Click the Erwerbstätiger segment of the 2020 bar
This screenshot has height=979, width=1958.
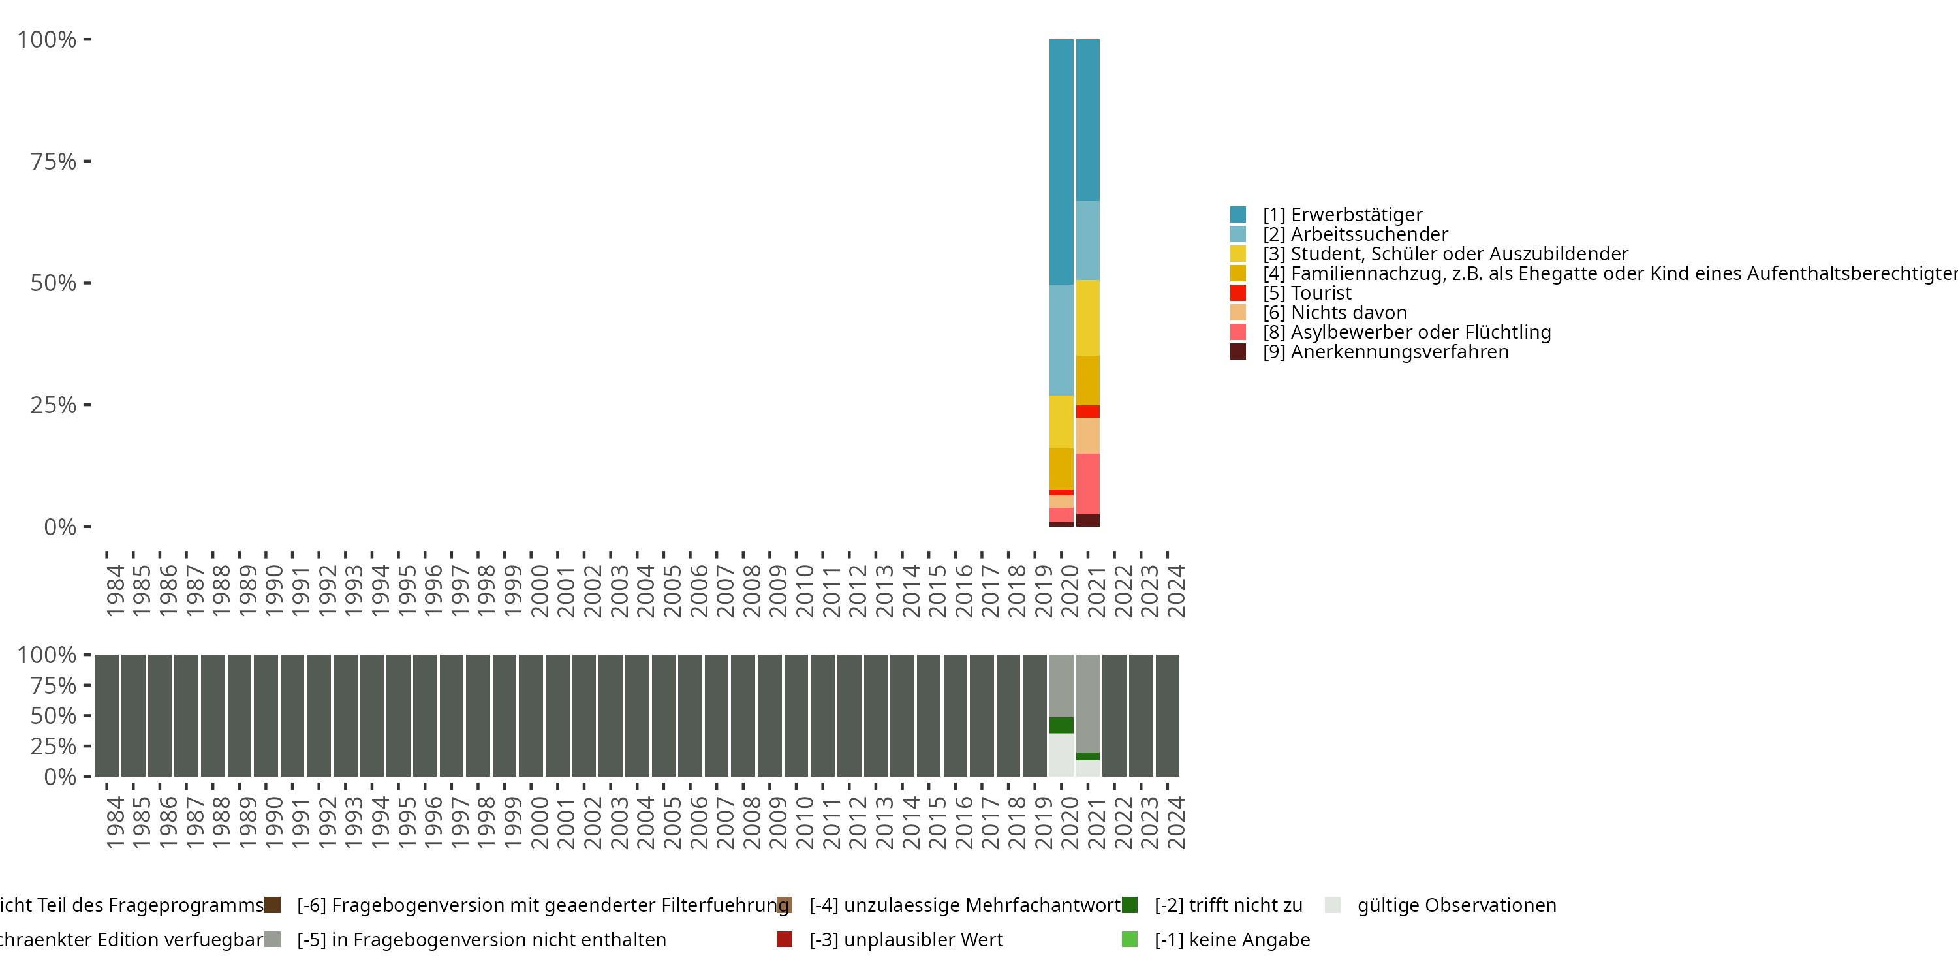1061,161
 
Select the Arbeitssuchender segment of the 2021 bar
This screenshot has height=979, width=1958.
1088,240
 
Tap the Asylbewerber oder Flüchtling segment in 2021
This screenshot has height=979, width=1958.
1088,484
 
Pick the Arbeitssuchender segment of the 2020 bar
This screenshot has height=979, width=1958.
1061,340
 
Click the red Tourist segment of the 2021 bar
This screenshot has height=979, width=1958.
1088,411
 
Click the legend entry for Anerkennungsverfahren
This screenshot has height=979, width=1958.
1399,352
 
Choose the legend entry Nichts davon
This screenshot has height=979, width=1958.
1348,313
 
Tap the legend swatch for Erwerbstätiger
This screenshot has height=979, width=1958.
1238,214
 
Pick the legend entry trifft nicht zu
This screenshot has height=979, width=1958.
1228,905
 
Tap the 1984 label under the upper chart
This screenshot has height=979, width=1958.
115,591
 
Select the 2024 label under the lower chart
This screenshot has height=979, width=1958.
1176,822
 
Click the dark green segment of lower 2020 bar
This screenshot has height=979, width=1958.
1061,725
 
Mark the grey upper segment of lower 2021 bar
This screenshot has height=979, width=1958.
1088,703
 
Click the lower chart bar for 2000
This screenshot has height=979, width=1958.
531,715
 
